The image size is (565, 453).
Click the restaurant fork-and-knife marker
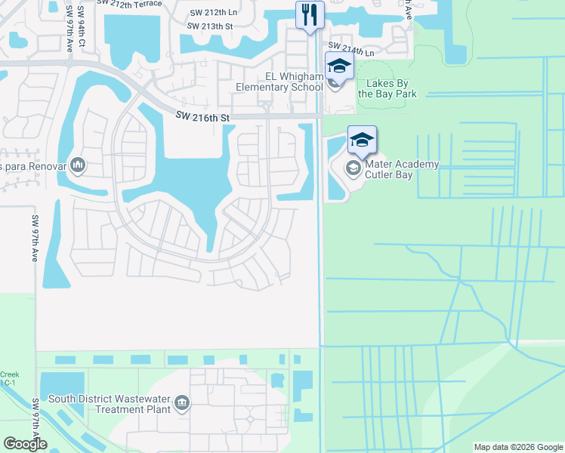pos(310,15)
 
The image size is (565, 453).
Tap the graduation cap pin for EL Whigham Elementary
pos(339,66)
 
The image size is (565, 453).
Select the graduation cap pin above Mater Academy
pos(362,140)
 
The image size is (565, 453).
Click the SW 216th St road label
pos(202,117)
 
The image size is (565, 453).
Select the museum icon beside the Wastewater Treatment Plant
pos(182,404)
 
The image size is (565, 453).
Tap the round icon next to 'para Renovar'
pos(79,165)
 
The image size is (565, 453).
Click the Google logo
pos(25,444)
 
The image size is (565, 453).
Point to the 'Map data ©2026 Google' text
pos(517,447)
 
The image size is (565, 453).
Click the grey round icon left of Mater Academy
pos(353,168)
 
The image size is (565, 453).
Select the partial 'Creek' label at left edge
pos(11,374)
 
